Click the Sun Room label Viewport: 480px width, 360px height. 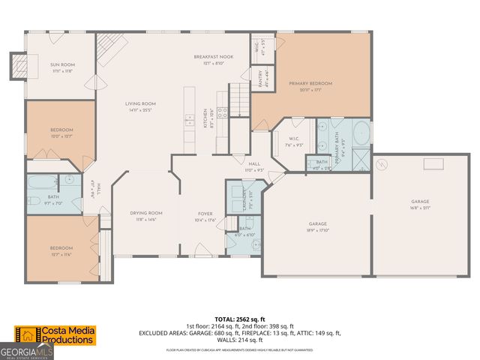(60, 65)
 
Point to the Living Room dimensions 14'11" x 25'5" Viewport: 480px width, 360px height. (139, 109)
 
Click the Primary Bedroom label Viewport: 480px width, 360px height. (310, 84)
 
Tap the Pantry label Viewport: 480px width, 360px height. (260, 79)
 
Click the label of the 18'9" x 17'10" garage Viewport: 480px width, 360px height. (318, 223)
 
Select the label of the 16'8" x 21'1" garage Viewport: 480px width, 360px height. (420, 201)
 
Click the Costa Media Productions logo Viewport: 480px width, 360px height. (56, 335)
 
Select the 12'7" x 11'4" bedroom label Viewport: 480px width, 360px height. (61, 248)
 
